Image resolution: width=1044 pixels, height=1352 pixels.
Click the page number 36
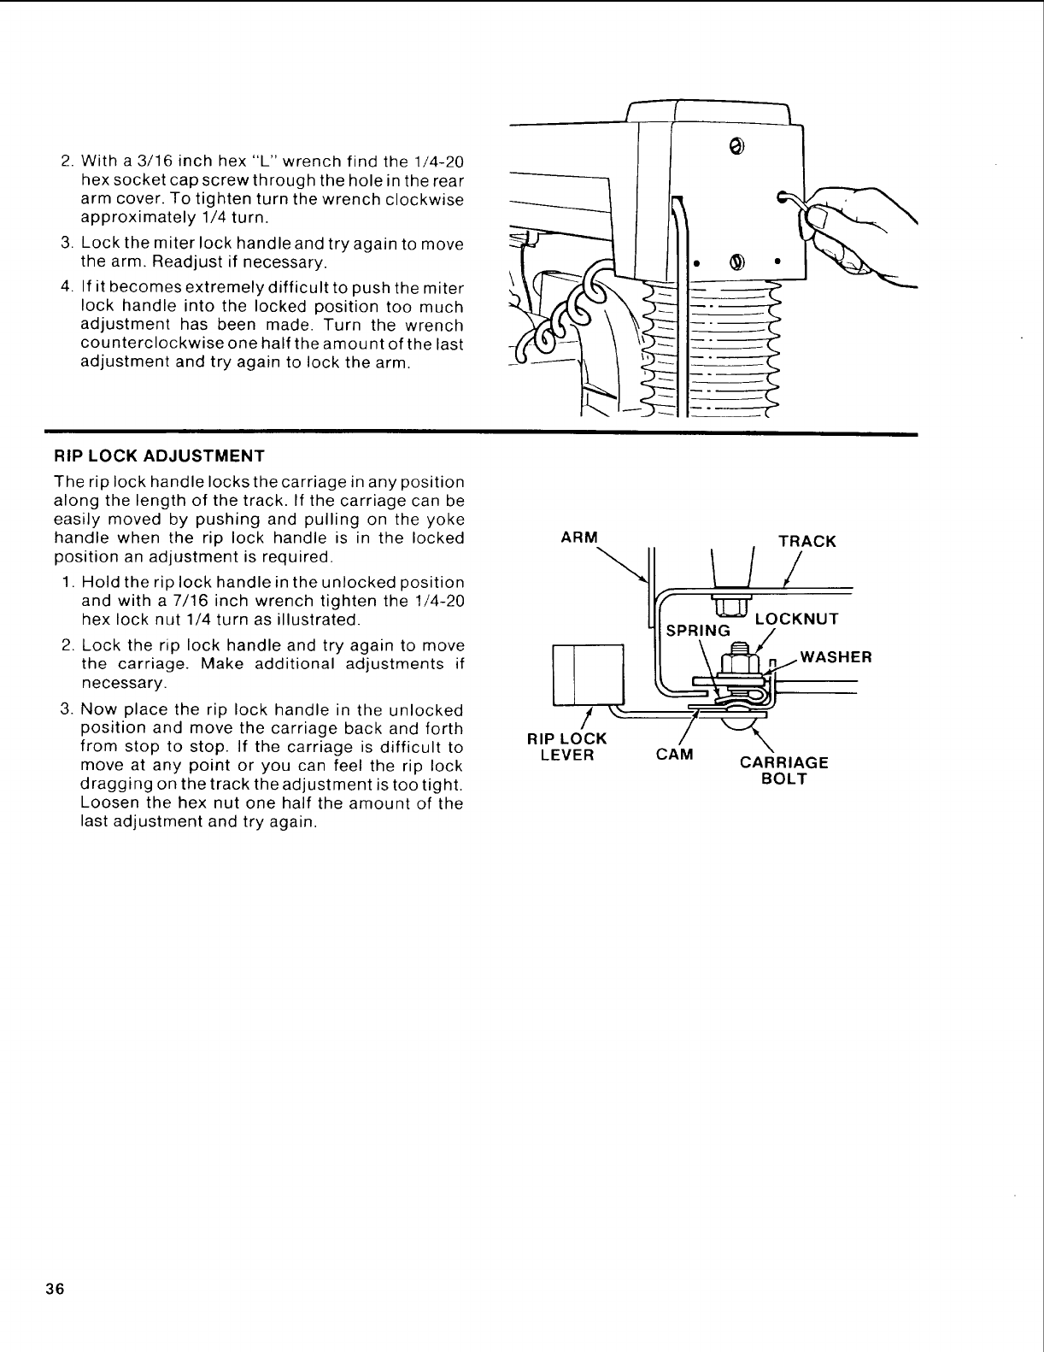(x=65, y=1290)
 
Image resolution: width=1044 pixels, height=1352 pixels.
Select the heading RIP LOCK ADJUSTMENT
(x=160, y=455)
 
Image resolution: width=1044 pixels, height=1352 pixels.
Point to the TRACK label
(x=806, y=541)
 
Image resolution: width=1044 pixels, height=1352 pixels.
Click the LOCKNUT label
(x=796, y=619)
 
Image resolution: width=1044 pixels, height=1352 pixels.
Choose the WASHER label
(x=836, y=657)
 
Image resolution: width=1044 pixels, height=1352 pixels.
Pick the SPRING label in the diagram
(x=698, y=631)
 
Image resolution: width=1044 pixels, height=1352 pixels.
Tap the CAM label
(x=674, y=755)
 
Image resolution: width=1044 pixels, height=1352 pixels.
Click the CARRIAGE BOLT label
(x=783, y=770)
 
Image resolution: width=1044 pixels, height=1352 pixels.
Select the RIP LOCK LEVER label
(x=567, y=746)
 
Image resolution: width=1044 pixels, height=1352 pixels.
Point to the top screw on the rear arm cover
(x=736, y=144)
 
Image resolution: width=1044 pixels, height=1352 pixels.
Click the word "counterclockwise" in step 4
(x=144, y=344)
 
